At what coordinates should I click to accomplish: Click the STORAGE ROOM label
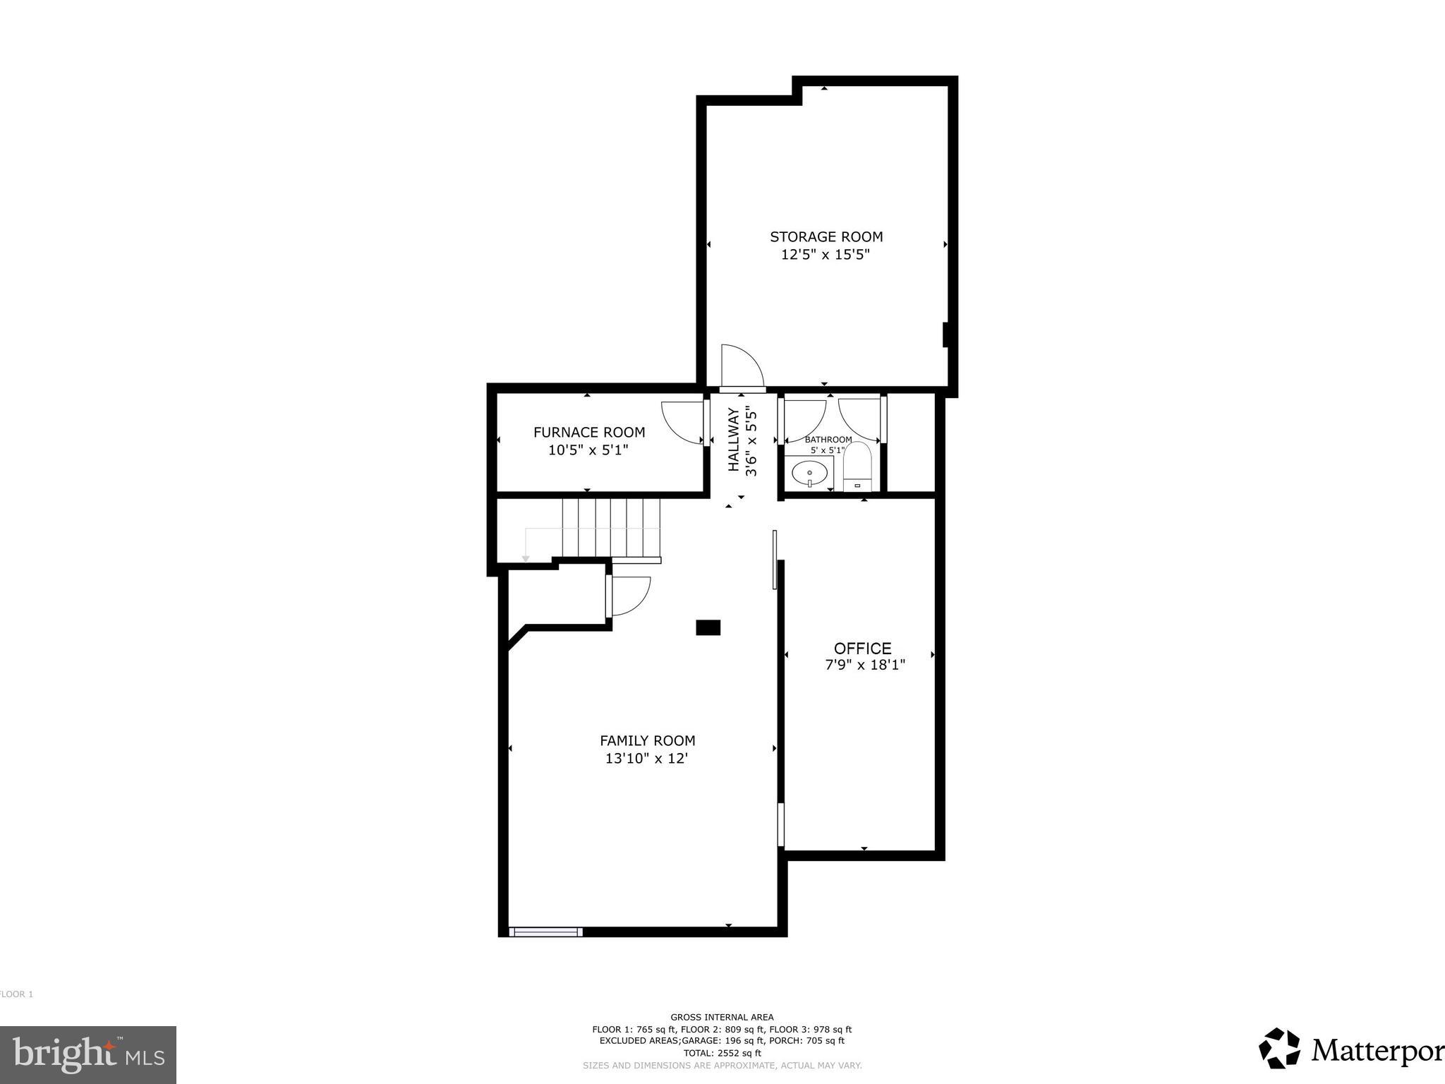826,237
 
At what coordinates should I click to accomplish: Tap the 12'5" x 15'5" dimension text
825,255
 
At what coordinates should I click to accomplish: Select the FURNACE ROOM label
588,433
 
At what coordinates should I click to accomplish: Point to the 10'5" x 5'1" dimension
588,450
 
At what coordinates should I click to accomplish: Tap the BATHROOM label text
828,440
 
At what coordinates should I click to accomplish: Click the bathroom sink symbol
809,473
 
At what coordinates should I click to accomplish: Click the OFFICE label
862,649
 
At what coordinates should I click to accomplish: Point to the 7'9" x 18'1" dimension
865,665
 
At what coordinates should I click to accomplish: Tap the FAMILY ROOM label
647,741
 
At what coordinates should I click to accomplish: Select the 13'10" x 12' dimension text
646,759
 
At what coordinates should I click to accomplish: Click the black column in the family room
708,627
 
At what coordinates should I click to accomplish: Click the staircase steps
611,528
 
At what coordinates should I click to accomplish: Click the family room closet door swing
629,594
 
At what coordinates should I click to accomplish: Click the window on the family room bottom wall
545,932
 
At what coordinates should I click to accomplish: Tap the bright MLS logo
88,1055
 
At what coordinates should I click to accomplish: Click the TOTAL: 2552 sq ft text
722,1053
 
